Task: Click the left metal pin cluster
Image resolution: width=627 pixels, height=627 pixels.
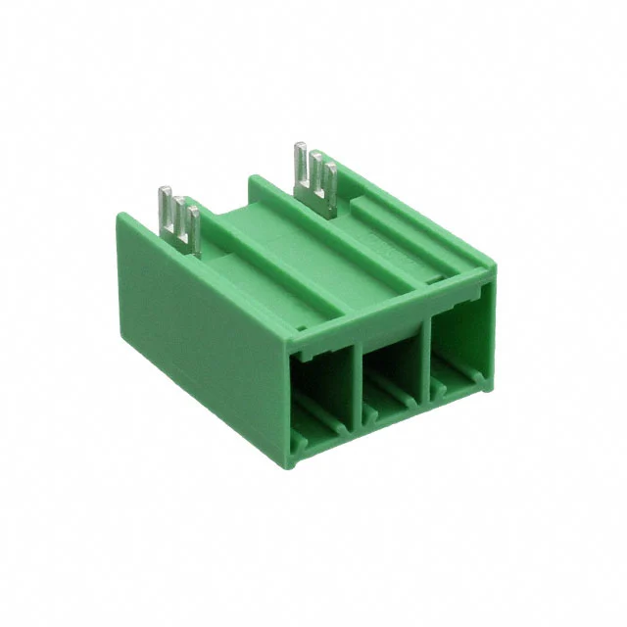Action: click(180, 219)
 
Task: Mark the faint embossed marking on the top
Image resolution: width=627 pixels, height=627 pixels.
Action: click(386, 244)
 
